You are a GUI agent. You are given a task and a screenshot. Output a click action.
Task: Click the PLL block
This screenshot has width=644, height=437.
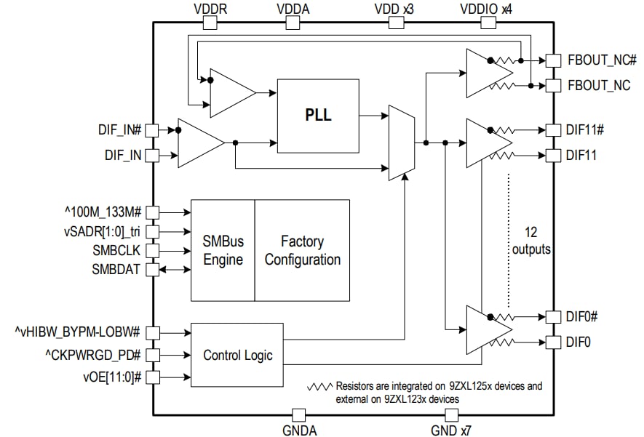coord(318,116)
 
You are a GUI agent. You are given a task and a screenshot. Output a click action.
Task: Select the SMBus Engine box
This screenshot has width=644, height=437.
coord(223,250)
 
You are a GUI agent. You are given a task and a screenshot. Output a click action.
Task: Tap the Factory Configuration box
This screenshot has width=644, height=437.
coord(302,250)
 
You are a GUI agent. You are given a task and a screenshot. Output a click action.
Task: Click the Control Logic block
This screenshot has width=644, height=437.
coord(238,355)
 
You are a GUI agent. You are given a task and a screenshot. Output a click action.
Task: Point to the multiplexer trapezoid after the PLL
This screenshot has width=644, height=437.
coord(402,143)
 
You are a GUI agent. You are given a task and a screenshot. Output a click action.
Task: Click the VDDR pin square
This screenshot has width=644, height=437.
coord(210,22)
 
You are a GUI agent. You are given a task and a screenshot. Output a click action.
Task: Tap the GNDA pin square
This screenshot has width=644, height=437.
coord(298,415)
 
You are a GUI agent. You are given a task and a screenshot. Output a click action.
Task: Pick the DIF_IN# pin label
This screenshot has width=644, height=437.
coord(119,130)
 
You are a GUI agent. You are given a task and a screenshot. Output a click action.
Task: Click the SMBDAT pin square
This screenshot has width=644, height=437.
coord(153,270)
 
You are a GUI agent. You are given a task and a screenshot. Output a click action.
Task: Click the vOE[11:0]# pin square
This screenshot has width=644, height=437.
coord(153,377)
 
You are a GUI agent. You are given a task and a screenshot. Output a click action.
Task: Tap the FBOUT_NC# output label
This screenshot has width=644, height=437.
coord(601,61)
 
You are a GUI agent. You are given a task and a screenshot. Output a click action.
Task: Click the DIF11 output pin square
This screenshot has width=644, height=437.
coord(553,155)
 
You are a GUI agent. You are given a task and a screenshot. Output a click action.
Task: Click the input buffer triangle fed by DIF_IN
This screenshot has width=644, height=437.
coord(199,143)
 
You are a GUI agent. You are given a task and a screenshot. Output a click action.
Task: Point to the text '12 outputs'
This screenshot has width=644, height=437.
coord(531,241)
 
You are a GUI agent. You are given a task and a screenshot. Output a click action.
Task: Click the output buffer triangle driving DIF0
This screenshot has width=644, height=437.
coord(485,329)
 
